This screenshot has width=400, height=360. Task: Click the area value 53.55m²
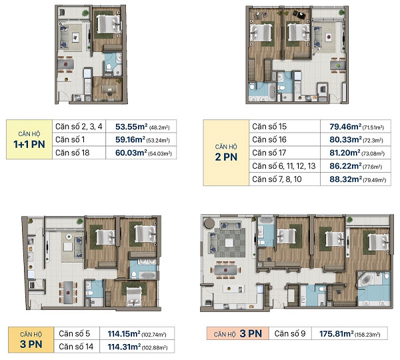click(x=131, y=127)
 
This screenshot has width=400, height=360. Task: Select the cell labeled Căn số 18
click(x=73, y=153)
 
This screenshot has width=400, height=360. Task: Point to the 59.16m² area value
click(x=130, y=139)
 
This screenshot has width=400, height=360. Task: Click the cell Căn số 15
click(x=269, y=126)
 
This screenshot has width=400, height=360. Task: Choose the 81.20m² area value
click(x=345, y=153)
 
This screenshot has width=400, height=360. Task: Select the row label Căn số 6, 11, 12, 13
click(x=284, y=166)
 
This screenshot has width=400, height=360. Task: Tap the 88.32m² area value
click(x=345, y=179)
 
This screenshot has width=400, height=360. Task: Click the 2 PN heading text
click(x=226, y=157)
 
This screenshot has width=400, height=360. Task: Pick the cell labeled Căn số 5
click(x=74, y=333)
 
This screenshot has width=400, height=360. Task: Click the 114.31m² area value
click(x=124, y=347)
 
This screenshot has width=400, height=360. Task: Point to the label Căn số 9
click(x=290, y=333)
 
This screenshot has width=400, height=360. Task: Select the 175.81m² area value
click(x=337, y=333)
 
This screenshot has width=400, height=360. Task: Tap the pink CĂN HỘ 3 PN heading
click(x=238, y=333)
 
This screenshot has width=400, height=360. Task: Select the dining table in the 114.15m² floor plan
click(x=68, y=293)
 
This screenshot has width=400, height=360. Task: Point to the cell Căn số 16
click(x=269, y=139)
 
